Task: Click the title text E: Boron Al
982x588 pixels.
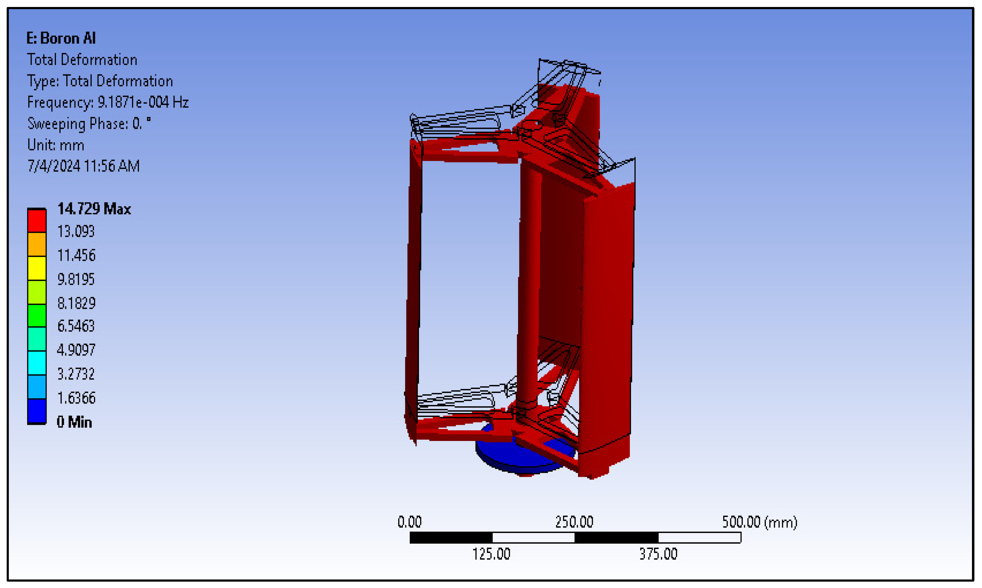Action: [x=61, y=38]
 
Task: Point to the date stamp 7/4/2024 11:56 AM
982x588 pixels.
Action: [x=84, y=166]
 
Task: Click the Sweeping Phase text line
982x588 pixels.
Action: [x=89, y=124]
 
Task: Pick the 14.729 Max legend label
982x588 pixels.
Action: [x=94, y=209]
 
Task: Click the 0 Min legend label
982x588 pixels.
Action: [x=74, y=422]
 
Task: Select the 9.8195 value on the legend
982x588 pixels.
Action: [x=76, y=279]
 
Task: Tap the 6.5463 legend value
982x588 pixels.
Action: [x=76, y=326]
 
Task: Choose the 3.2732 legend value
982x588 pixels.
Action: [x=76, y=374]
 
